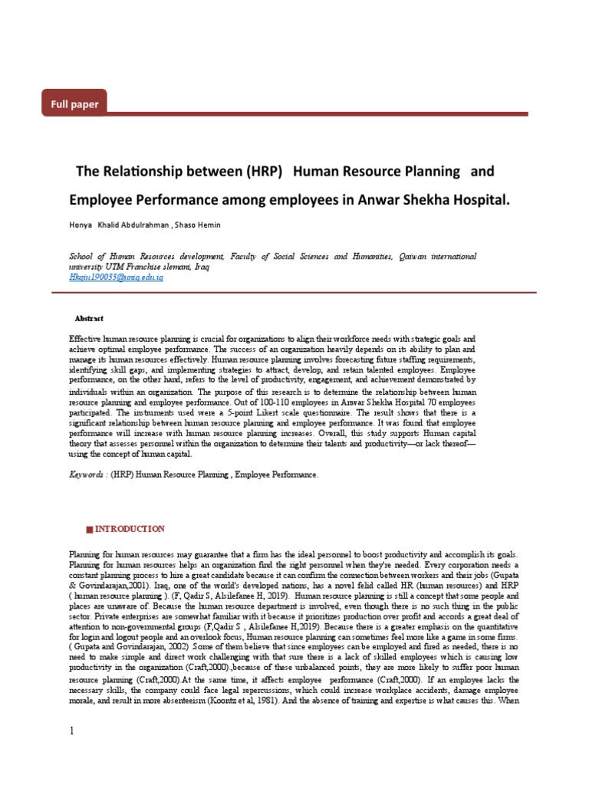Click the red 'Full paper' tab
pyautogui.click(x=74, y=103)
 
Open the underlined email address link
pyautogui.click(x=116, y=277)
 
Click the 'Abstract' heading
pyautogui.click(x=89, y=318)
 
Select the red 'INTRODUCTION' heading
pyautogui.click(x=129, y=529)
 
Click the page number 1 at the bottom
pyautogui.click(x=72, y=731)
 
